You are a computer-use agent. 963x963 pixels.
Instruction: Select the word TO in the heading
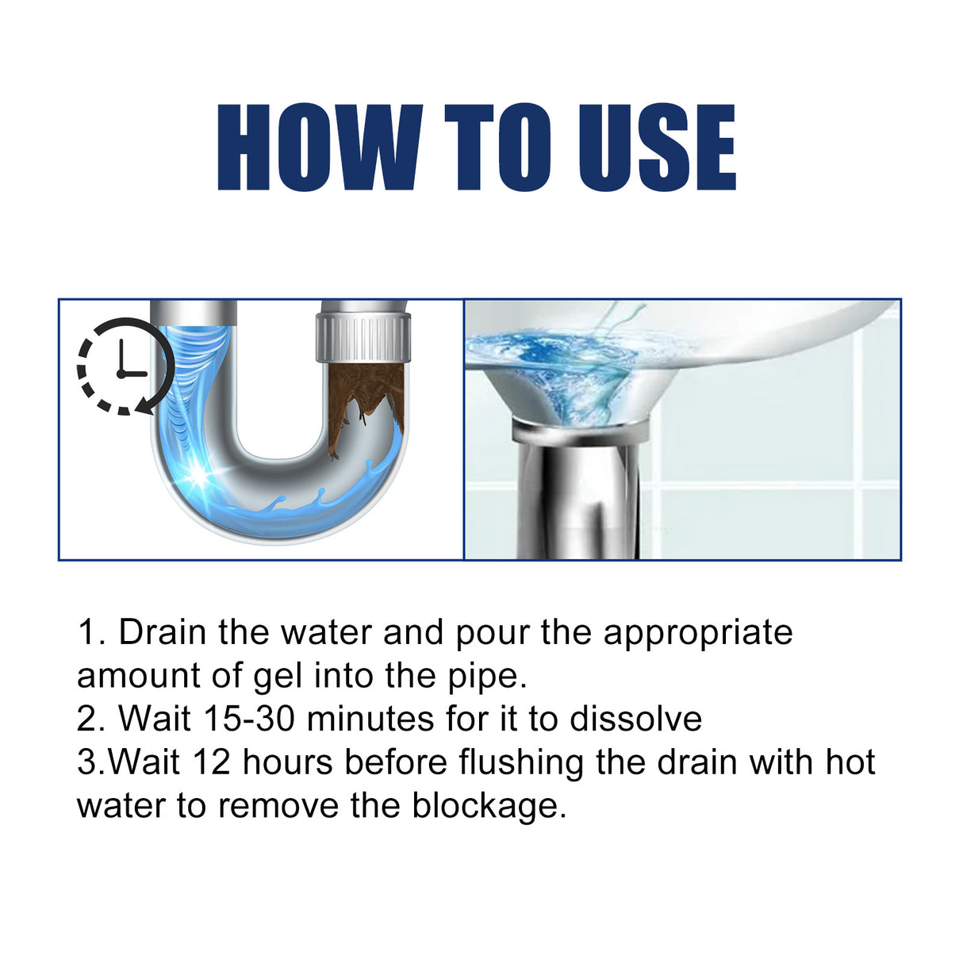[497, 148]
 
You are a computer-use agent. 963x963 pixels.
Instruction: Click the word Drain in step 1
[163, 633]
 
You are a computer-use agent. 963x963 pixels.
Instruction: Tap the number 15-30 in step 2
[249, 719]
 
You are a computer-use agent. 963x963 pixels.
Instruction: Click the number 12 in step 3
[211, 762]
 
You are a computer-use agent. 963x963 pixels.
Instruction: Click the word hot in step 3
[850, 762]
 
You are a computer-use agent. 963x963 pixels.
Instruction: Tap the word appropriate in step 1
[698, 633]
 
